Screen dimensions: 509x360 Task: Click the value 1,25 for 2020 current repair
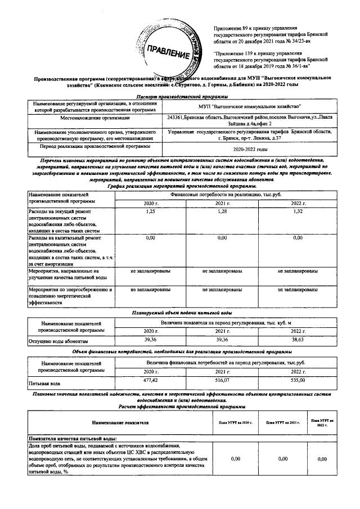tap(150, 210)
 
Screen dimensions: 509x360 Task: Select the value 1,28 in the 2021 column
tap(223, 210)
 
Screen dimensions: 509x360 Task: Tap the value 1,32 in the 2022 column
tap(298, 210)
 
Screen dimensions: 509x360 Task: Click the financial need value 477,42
tap(150, 381)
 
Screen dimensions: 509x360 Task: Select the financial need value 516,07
tap(223, 381)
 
